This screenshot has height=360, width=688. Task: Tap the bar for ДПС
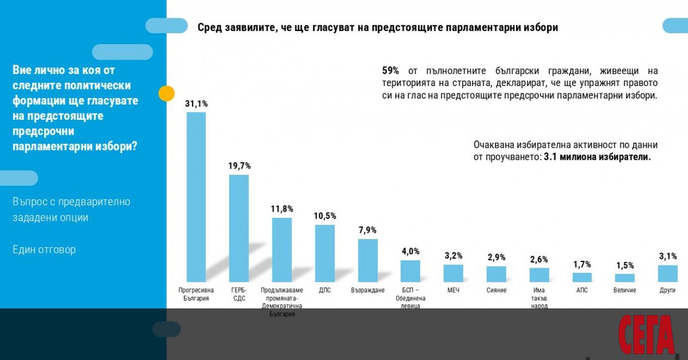pos(325,253)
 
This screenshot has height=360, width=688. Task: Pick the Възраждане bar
pos(368,260)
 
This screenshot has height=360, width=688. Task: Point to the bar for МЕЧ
pos(454,273)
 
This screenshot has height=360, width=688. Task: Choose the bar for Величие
pos(625,277)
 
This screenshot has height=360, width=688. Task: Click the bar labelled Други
pos(667,273)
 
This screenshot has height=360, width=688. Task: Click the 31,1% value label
pos(196,104)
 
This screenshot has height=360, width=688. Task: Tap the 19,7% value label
pos(239,166)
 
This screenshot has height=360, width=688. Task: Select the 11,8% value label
pos(282,209)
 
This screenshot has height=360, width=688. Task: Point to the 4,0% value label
pos(411,251)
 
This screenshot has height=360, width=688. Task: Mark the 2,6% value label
pos(539,259)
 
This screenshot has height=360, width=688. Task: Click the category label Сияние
pos(496,290)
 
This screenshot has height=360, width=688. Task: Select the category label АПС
pos(582,290)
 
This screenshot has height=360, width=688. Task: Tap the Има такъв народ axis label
pos(539,298)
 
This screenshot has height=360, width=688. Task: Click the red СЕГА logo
pos(646,336)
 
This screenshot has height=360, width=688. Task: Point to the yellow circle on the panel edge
pos(166,93)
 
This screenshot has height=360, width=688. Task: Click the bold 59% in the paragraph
pos(390,71)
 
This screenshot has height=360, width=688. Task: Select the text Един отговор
pos(44,250)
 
